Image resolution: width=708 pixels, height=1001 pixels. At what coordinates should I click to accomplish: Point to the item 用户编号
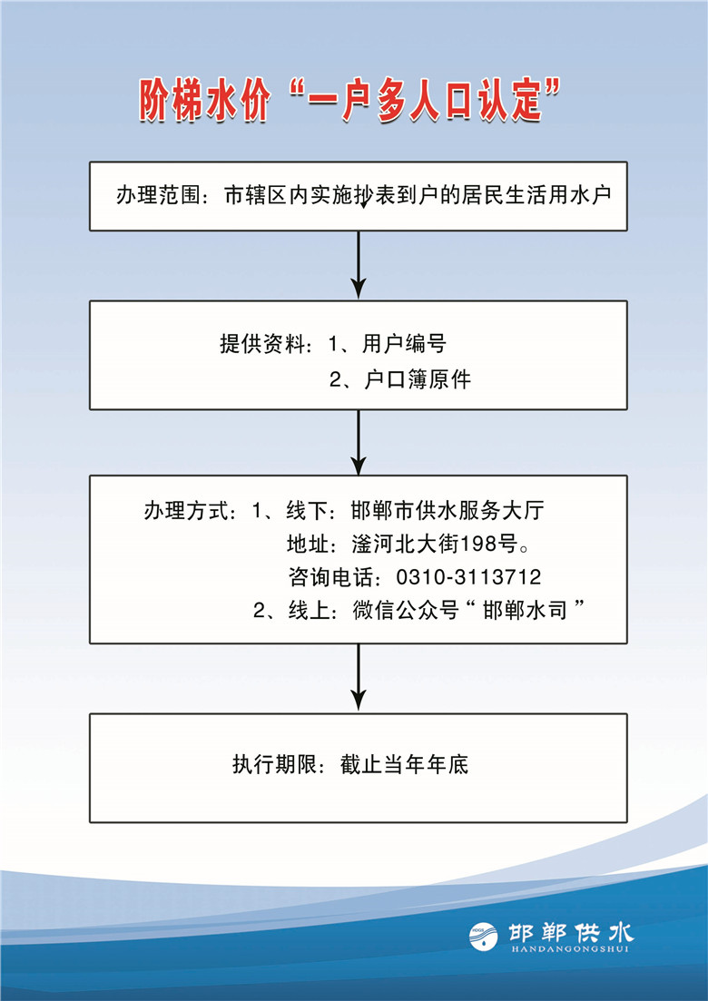pyautogui.click(x=404, y=344)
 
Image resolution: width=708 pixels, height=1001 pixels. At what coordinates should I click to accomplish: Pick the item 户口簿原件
pyautogui.click(x=418, y=380)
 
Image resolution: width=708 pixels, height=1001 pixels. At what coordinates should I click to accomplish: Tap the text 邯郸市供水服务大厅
pyautogui.click(x=447, y=511)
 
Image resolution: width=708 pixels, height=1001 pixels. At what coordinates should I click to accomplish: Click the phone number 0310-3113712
pyautogui.click(x=468, y=578)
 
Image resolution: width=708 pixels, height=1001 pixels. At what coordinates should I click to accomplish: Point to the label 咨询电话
pyautogui.click(x=330, y=578)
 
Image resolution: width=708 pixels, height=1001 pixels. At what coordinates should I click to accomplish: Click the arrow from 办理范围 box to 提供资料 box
pyautogui.click(x=359, y=264)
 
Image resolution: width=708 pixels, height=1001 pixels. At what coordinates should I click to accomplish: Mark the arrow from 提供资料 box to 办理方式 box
pyautogui.click(x=359, y=442)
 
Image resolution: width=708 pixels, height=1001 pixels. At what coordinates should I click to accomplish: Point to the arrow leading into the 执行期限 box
pyautogui.click(x=359, y=677)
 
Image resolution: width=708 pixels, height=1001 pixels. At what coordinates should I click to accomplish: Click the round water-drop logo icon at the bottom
pyautogui.click(x=484, y=937)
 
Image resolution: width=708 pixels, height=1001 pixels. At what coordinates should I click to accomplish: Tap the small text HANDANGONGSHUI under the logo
pyautogui.click(x=571, y=948)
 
